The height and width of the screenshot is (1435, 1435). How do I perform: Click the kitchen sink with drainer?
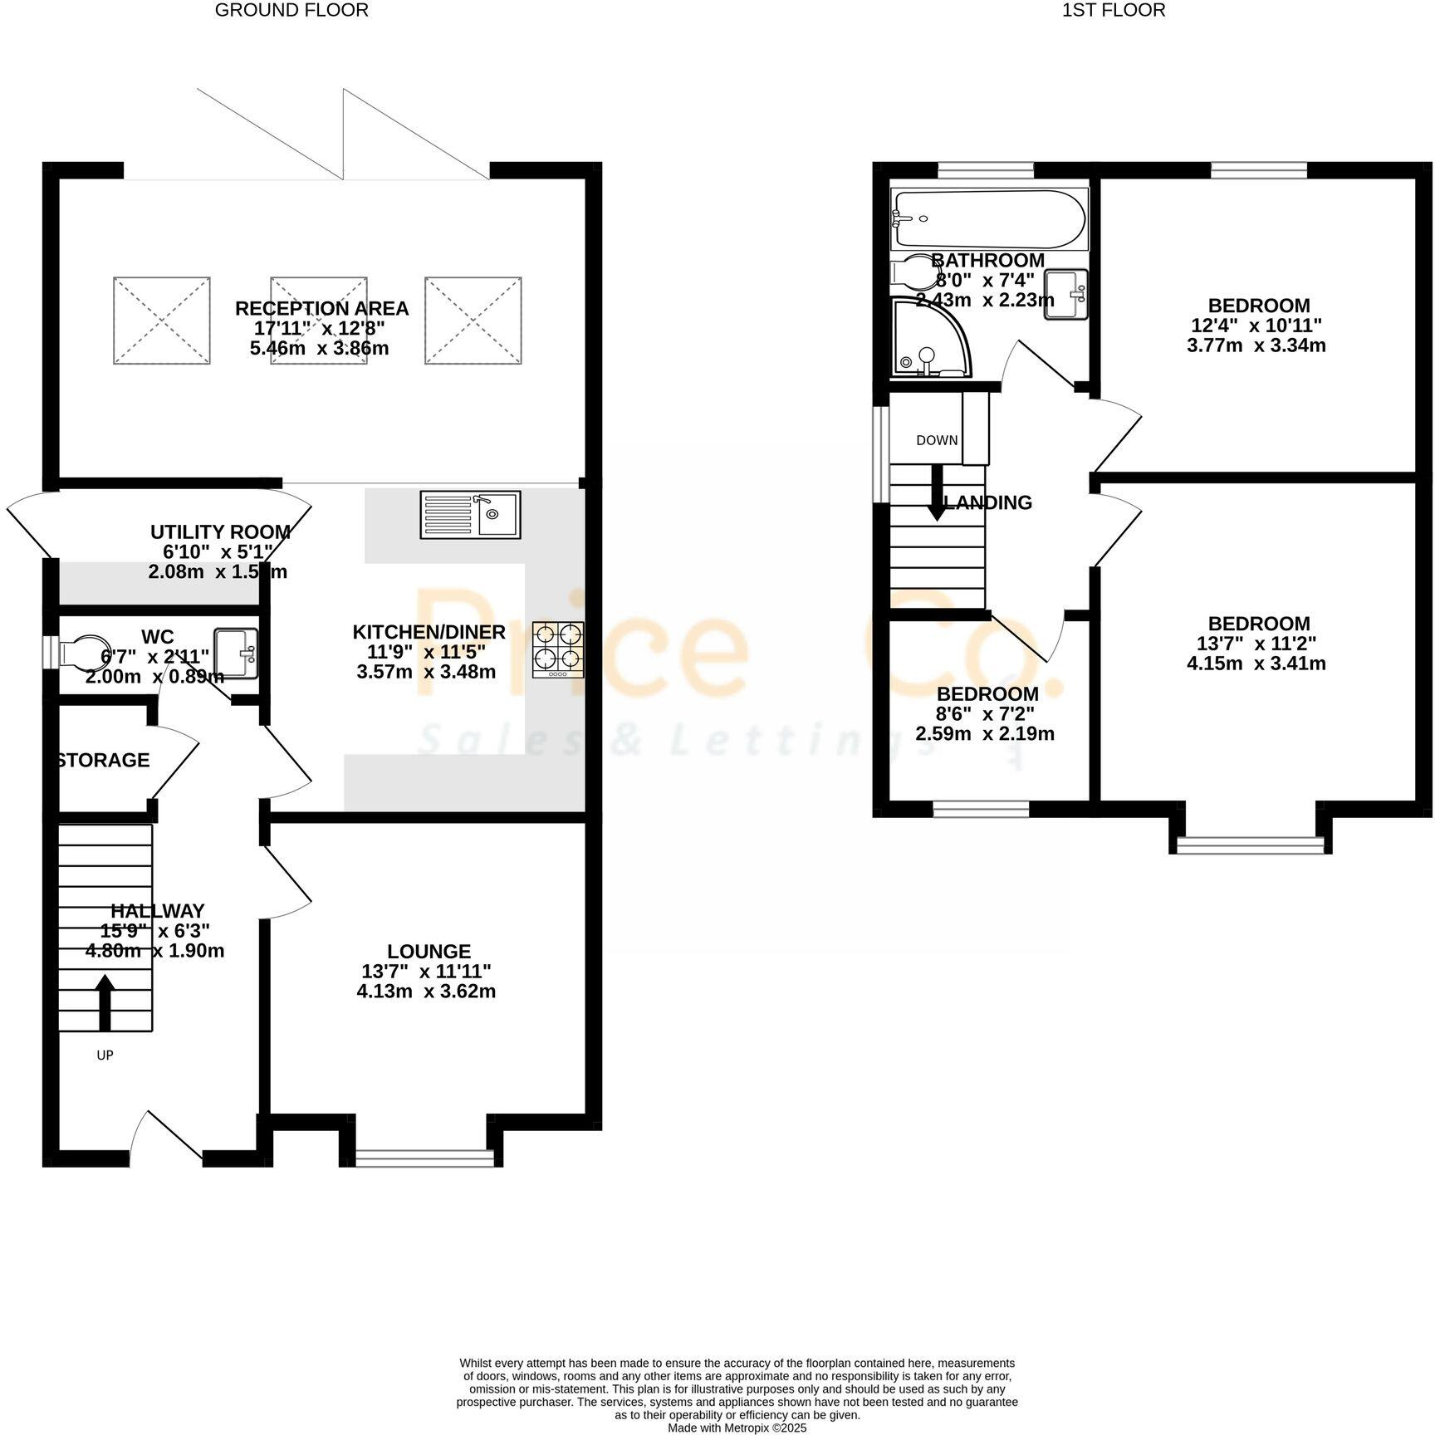point(470,514)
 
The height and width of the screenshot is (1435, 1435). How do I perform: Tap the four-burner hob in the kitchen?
point(558,649)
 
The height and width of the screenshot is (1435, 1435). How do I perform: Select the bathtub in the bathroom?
point(987,219)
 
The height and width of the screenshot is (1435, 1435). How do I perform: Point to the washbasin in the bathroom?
point(1066,294)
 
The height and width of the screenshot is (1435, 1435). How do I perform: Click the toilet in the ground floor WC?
point(83,651)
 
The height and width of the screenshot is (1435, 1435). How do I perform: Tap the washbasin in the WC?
point(236,654)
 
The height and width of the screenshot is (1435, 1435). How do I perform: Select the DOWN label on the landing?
point(937,440)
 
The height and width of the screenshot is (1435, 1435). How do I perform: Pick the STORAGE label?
point(103,760)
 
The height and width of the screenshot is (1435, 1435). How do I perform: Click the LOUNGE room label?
point(429,952)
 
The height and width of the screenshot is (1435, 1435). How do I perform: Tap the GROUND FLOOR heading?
point(291,10)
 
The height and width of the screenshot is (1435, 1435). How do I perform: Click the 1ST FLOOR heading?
point(1114,10)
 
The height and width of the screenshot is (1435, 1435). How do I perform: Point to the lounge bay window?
point(424,1157)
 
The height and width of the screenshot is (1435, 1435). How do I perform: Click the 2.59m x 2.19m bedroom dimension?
point(985,734)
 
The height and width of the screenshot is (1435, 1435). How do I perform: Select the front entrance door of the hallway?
point(166,1138)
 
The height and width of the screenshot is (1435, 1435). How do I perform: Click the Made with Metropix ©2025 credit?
point(737,1428)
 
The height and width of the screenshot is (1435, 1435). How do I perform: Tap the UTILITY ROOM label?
point(220,531)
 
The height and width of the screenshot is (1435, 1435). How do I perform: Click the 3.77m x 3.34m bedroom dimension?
point(1256,345)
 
